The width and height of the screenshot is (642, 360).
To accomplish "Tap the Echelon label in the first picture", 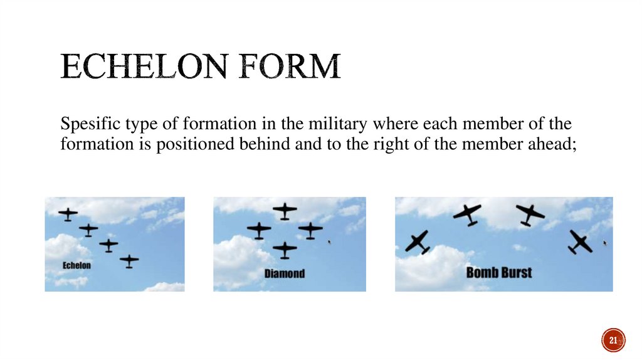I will click(x=76, y=265).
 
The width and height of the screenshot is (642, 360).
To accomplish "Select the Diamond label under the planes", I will click(x=284, y=273).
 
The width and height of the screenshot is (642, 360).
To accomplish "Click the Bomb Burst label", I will click(x=498, y=273).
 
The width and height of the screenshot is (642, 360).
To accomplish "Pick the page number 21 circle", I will click(x=613, y=340).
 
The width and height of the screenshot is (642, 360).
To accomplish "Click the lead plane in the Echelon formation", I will click(x=68, y=214).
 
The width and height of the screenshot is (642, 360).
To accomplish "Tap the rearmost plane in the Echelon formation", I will click(x=129, y=260).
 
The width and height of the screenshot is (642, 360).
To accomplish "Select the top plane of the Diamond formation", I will click(x=285, y=211).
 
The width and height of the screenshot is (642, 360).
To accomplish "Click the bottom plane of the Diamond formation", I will click(x=285, y=250).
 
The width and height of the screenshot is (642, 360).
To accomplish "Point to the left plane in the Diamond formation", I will click(x=259, y=230).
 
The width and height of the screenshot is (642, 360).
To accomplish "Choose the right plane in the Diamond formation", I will click(x=310, y=230).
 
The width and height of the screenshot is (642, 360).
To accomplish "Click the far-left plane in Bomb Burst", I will click(x=418, y=241).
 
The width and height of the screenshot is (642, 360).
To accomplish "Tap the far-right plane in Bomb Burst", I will click(x=581, y=241).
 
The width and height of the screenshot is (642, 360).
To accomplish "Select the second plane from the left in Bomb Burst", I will click(x=467, y=214).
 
